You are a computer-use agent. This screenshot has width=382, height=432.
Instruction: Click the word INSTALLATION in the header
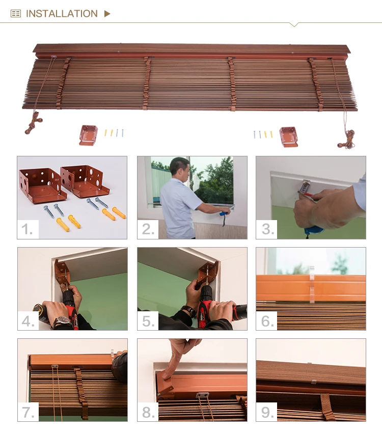[x=62, y=13]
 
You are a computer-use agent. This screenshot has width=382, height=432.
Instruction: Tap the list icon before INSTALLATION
[x=16, y=13]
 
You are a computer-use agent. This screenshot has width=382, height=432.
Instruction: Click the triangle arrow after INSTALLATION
[x=107, y=13]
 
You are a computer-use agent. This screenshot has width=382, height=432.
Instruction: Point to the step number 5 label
[x=148, y=321]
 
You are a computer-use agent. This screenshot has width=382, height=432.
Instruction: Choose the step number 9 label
[x=266, y=412]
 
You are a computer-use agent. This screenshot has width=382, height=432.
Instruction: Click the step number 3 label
[x=266, y=229]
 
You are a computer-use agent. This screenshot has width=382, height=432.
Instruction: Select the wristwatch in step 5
[x=189, y=311]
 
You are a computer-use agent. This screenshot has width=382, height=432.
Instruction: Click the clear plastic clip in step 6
[x=312, y=284]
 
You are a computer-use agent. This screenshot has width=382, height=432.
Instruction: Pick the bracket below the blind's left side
[x=89, y=136]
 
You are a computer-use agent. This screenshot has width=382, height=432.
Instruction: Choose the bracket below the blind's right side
[x=289, y=137]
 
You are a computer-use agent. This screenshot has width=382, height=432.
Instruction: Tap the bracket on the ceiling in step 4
[x=62, y=272]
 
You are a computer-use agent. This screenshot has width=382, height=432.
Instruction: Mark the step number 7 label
[x=28, y=412]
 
